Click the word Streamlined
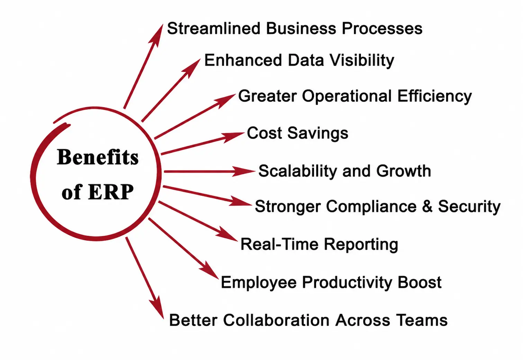click(x=213, y=29)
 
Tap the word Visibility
click(x=362, y=61)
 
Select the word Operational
click(x=347, y=96)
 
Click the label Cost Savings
click(x=297, y=133)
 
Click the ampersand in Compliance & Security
click(x=427, y=206)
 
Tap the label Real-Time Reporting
click(x=319, y=244)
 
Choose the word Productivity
click(x=348, y=283)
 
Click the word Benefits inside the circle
click(x=98, y=157)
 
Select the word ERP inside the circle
click(x=111, y=192)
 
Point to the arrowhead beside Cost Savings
click(x=234, y=136)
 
